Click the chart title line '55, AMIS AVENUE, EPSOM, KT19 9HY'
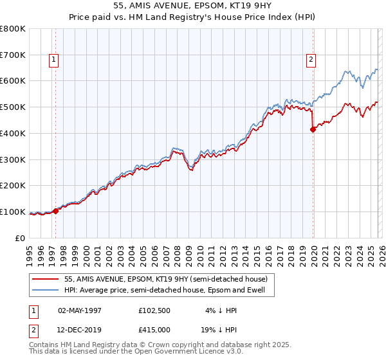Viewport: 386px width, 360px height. tap(193, 6)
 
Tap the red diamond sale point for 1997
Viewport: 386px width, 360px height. tap(56, 210)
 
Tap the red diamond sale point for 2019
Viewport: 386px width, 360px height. tap(313, 129)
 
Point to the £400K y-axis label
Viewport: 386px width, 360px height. tap(13, 133)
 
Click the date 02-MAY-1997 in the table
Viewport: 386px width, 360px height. tap(80, 310)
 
